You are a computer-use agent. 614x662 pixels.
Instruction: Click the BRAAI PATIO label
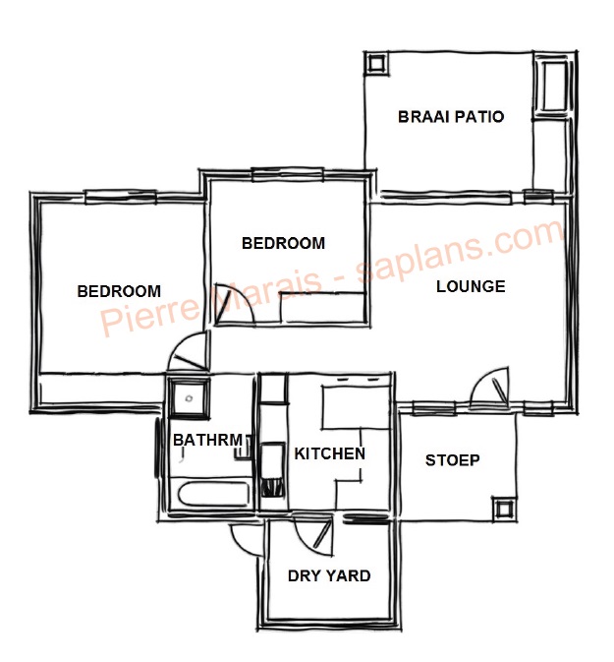click(x=451, y=116)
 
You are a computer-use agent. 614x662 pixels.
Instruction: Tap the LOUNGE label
click(x=471, y=286)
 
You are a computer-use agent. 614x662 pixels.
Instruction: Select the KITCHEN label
click(x=330, y=453)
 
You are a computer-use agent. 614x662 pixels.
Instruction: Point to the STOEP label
click(x=453, y=459)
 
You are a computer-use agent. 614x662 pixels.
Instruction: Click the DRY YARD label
click(x=329, y=575)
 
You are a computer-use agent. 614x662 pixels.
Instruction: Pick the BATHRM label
click(x=208, y=440)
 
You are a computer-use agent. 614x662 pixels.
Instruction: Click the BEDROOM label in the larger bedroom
click(x=119, y=291)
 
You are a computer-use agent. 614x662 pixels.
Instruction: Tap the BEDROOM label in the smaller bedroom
click(x=283, y=243)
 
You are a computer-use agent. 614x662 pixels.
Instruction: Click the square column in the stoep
click(x=504, y=510)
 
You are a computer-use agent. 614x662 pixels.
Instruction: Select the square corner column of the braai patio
click(x=375, y=64)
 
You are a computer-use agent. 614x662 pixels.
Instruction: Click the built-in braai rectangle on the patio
click(x=554, y=88)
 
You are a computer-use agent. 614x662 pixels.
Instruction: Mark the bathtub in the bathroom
click(x=214, y=494)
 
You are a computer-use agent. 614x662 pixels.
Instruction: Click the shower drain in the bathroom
click(x=189, y=398)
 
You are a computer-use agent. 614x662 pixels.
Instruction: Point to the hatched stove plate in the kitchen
click(x=273, y=487)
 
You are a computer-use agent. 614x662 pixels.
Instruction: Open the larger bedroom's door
click(x=188, y=351)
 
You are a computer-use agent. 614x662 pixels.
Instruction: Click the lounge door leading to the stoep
click(x=490, y=385)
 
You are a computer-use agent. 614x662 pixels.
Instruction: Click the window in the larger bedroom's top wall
click(x=121, y=197)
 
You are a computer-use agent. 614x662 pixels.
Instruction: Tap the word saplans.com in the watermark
click(x=461, y=250)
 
